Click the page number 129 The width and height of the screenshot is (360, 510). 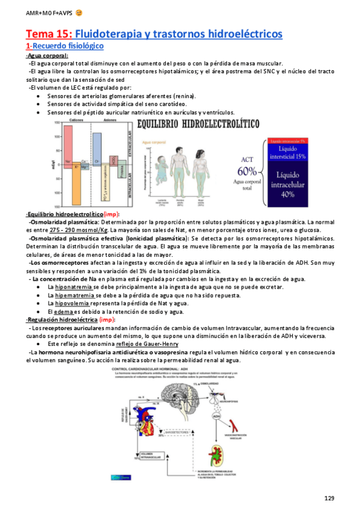[x=329, y=498]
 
